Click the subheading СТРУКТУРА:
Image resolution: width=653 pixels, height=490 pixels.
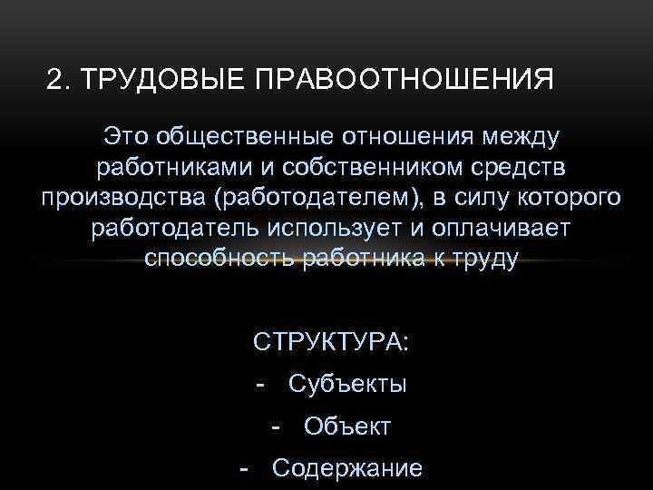coord(331,343)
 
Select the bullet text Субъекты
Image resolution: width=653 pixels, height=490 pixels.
coord(347,385)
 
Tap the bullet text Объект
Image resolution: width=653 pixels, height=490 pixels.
coord(347,426)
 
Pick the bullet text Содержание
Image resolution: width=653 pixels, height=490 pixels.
coord(347,468)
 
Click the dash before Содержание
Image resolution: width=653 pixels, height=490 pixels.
coord(243,468)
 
